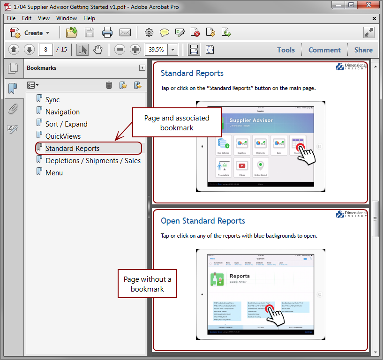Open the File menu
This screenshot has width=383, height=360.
click(11, 18)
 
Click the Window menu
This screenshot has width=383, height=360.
click(67, 18)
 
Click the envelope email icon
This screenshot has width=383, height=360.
click(125, 33)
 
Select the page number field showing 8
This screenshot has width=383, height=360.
click(45, 50)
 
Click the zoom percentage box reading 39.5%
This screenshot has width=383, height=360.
click(156, 50)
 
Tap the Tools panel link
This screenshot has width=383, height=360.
click(286, 50)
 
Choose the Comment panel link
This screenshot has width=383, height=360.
click(324, 50)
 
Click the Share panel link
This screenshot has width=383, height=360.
click(363, 50)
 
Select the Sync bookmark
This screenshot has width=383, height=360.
click(53, 99)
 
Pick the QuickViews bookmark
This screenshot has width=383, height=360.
click(63, 136)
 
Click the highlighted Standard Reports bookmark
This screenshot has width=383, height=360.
click(72, 148)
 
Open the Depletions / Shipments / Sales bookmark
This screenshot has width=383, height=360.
click(93, 160)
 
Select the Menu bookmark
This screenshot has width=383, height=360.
click(54, 172)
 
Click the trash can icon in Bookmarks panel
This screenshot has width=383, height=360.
click(109, 85)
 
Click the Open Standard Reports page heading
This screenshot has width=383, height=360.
click(203, 221)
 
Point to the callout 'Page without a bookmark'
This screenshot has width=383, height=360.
click(147, 284)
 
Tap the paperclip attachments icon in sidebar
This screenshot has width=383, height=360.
click(13, 109)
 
